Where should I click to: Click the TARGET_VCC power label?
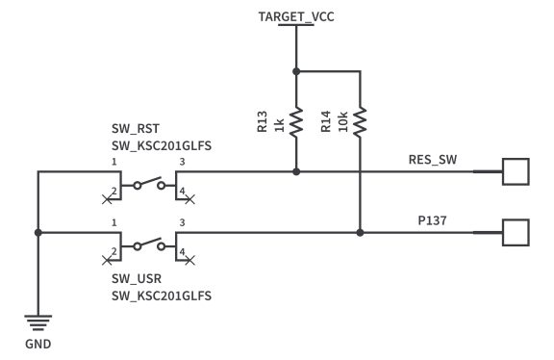pyautogui.click(x=295, y=16)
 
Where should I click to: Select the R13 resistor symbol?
pyautogui.click(x=295, y=121)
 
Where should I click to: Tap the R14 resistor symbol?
pyautogui.click(x=360, y=121)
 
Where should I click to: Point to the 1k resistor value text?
pyautogui.click(x=280, y=122)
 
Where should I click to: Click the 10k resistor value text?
pyautogui.click(x=342, y=122)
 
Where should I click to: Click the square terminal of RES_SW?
pyautogui.click(x=516, y=171)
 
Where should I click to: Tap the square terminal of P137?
pyautogui.click(x=516, y=232)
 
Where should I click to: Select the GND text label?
pyautogui.click(x=38, y=343)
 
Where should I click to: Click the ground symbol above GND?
pyautogui.click(x=38, y=323)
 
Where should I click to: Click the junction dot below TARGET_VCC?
pyautogui.click(x=295, y=70)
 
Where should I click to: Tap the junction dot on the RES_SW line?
pyautogui.click(x=295, y=171)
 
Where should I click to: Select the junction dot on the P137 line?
pyautogui.click(x=360, y=232)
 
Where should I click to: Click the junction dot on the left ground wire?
pyautogui.click(x=38, y=232)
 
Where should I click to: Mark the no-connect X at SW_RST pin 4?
pyautogui.click(x=189, y=199)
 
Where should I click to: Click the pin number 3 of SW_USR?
pyautogui.click(x=183, y=222)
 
